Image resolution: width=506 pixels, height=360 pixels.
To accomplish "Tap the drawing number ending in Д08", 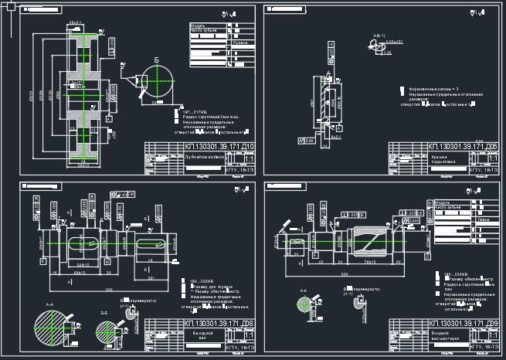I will [x=219, y=323].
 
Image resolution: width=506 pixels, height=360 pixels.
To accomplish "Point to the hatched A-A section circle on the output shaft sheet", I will [x=52, y=326].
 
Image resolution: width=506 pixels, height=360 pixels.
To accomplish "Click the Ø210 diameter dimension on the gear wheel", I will [x=32, y=97].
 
